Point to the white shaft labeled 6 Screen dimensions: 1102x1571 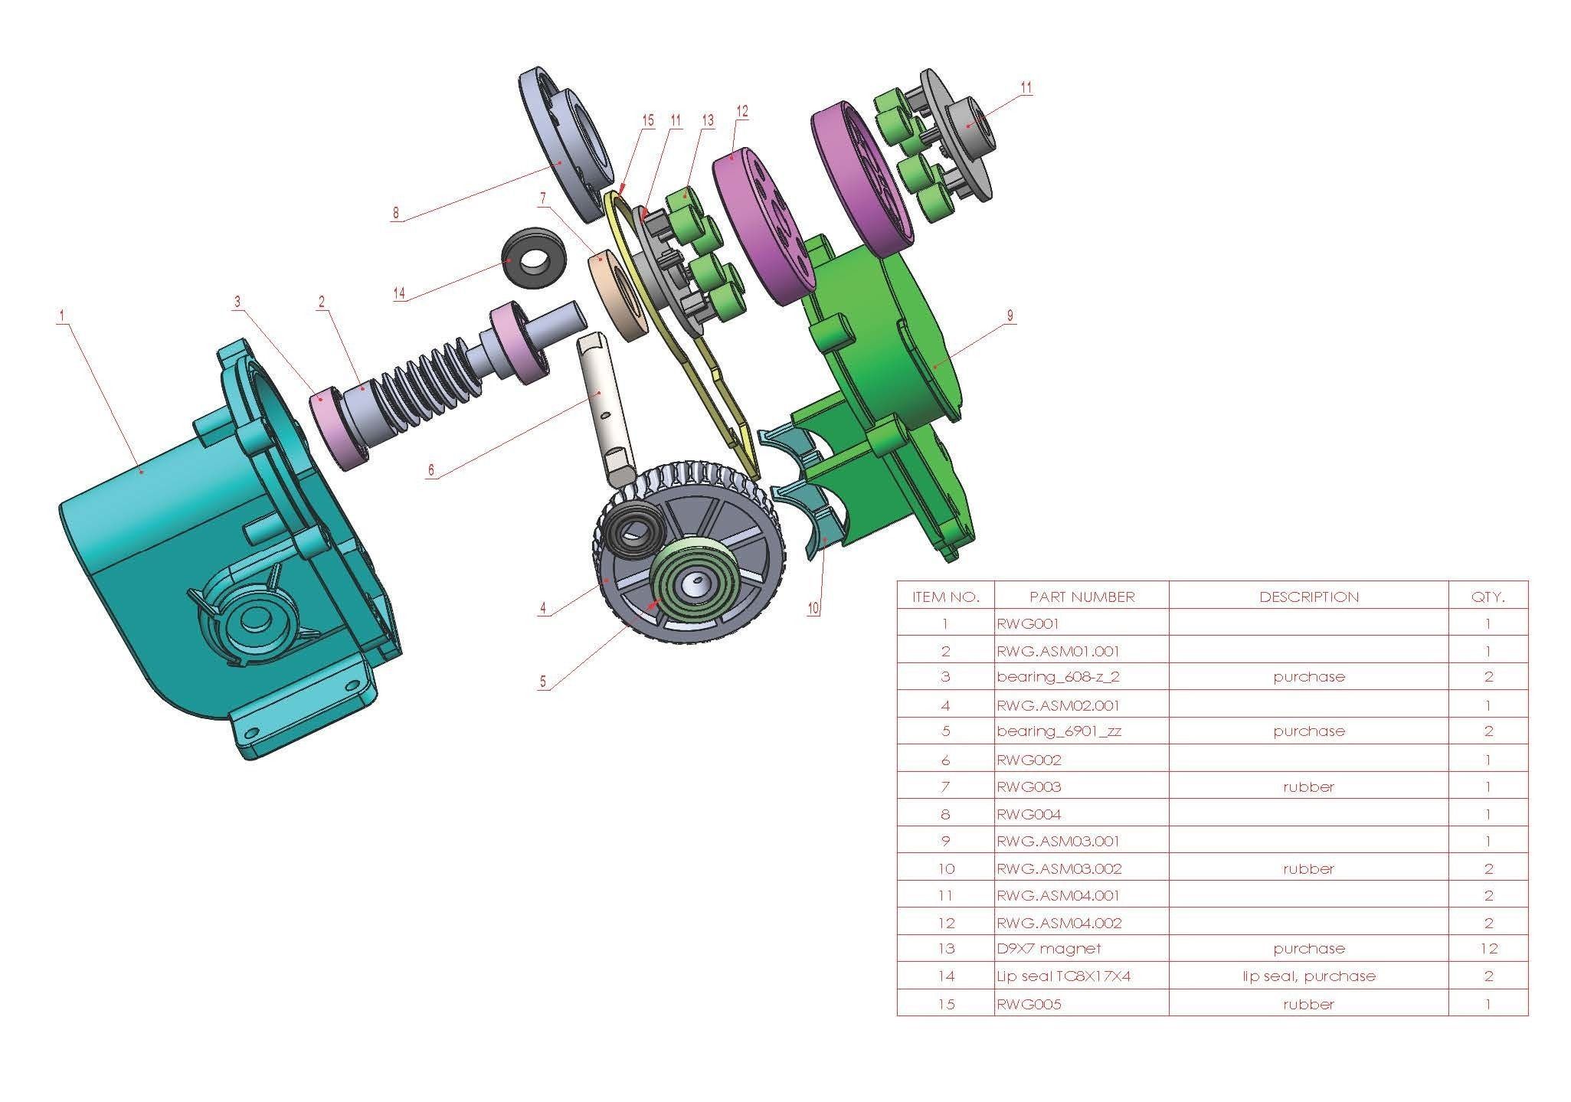click(x=605, y=406)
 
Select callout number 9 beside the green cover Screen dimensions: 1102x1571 click(x=1010, y=316)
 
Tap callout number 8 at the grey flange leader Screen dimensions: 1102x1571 click(x=396, y=214)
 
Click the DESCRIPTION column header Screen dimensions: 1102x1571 click(x=1308, y=597)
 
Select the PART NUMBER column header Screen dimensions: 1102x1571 click(x=1082, y=597)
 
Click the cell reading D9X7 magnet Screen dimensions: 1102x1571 click(x=1049, y=949)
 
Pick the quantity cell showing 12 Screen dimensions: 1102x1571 click(x=1488, y=949)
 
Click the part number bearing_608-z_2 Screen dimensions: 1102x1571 click(x=1058, y=677)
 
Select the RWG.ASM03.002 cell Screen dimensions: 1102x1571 click(x=1059, y=869)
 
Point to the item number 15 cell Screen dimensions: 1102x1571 click(x=946, y=1004)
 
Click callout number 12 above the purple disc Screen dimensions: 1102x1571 click(x=741, y=112)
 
